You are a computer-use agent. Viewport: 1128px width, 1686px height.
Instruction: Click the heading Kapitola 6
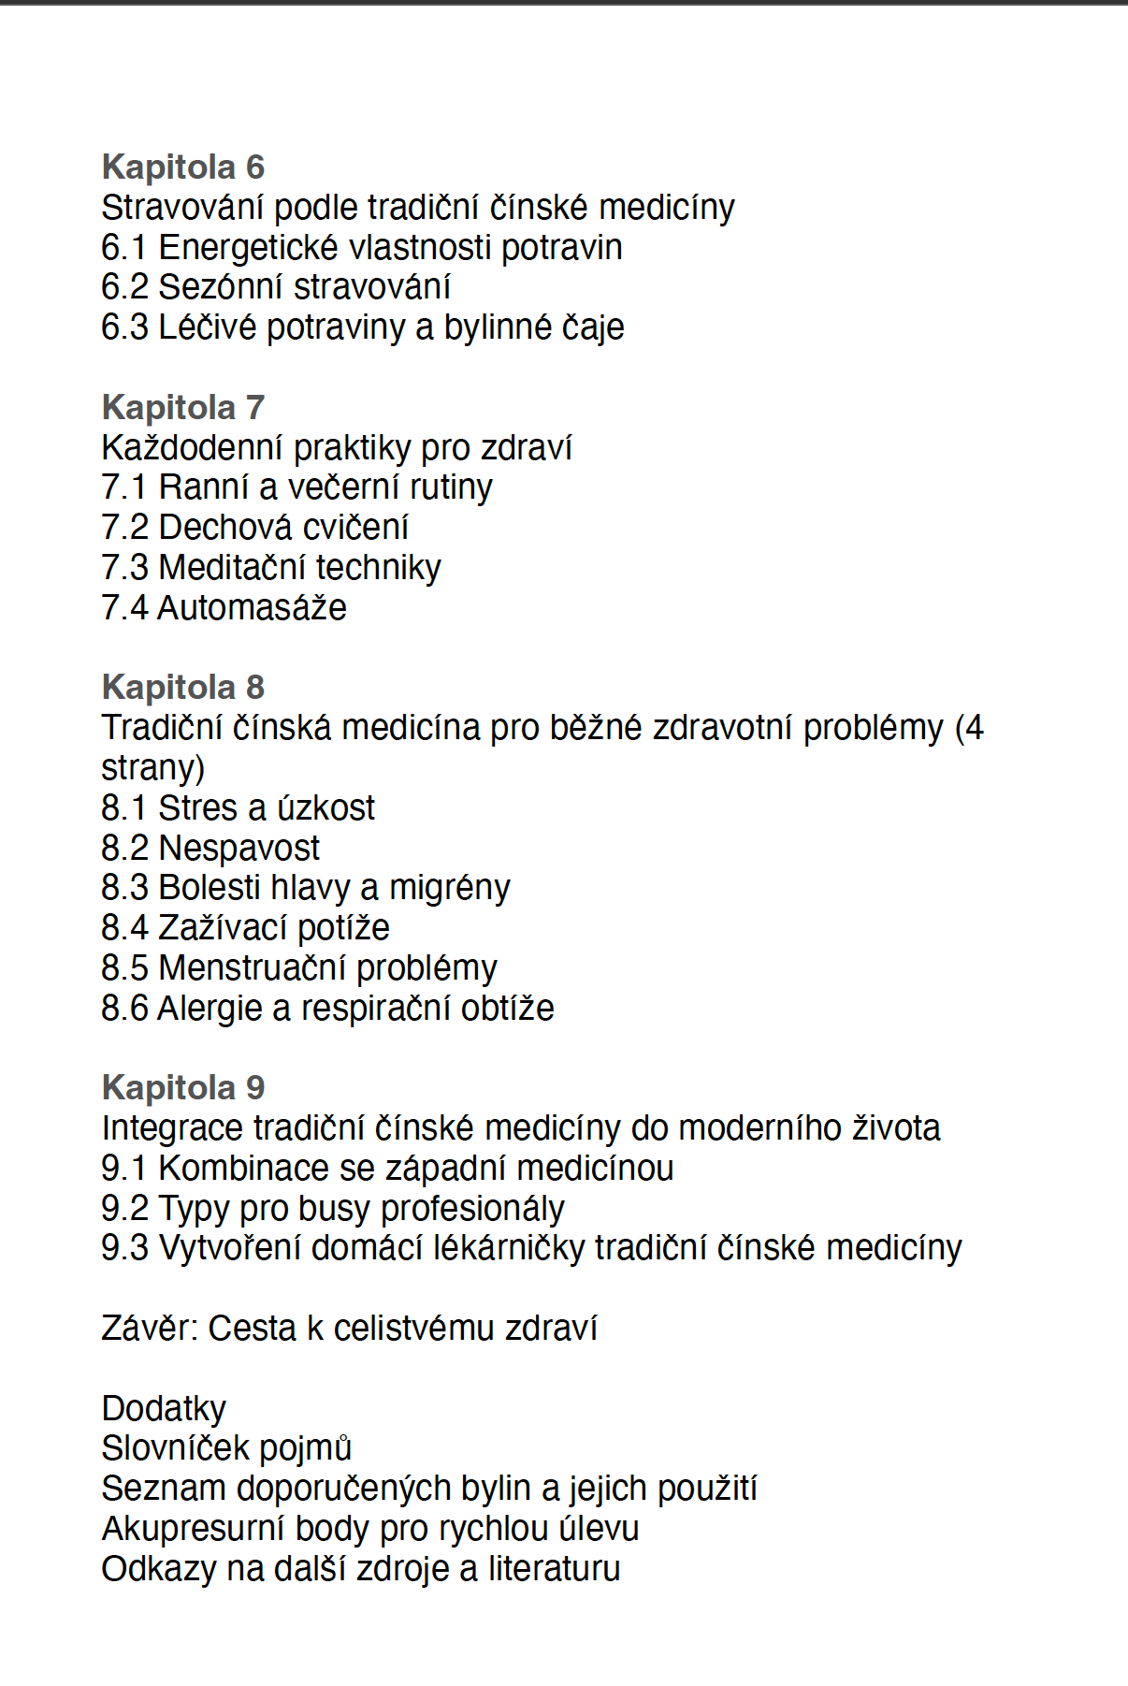pyautogui.click(x=183, y=167)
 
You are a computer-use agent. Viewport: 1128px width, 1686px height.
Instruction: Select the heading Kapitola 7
pyautogui.click(x=183, y=408)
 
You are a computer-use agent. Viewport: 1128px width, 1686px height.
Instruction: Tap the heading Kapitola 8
pyautogui.click(x=183, y=688)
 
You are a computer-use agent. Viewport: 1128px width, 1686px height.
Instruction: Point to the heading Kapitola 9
pyautogui.click(x=183, y=1088)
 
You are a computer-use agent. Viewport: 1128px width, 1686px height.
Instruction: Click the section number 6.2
pyautogui.click(x=124, y=287)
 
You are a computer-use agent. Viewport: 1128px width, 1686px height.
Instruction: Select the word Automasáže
pyautogui.click(x=252, y=608)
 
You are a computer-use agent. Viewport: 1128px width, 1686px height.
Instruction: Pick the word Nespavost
pyautogui.click(x=239, y=849)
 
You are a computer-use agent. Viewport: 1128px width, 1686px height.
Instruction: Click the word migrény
pyautogui.click(x=450, y=888)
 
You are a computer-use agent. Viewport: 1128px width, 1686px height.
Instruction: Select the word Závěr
pyautogui.click(x=149, y=1329)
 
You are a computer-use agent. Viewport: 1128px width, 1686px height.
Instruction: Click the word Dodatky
pyautogui.click(x=164, y=1409)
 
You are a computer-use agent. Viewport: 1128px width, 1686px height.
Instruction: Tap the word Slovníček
pyautogui.click(x=172, y=1448)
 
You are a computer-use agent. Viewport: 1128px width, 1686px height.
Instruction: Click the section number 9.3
pyautogui.click(x=124, y=1248)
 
